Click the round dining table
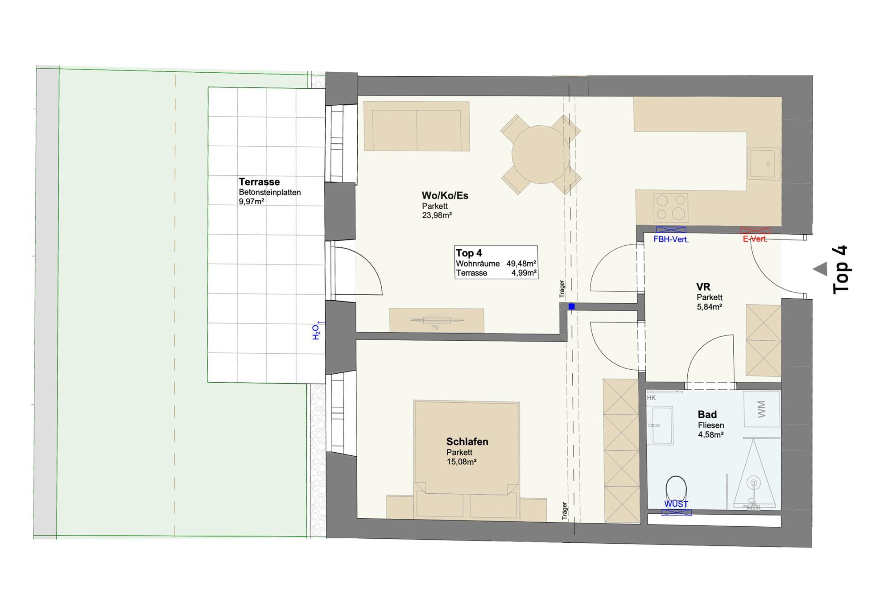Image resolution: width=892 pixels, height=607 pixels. tap(541, 154)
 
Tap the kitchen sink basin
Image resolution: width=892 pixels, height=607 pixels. tap(764, 164)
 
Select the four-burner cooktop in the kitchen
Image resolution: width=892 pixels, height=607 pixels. tap(670, 207)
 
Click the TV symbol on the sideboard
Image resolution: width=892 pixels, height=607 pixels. tap(437, 320)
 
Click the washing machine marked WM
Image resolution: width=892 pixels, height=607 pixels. tap(762, 409)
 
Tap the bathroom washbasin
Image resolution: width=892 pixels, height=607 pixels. tap(660, 425)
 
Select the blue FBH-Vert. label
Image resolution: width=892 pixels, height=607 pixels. tap(671, 239)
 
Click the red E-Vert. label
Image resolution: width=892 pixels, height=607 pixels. tap(755, 239)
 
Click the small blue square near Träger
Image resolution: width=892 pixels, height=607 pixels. tap(571, 306)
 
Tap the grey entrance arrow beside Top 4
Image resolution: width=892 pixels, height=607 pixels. tap(820, 269)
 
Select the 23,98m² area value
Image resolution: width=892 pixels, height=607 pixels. tap(437, 215)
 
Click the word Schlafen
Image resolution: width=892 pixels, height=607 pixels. tap(467, 442)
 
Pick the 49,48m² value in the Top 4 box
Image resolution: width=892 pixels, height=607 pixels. tap(521, 264)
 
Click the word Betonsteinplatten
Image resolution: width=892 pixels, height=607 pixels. tap(270, 193)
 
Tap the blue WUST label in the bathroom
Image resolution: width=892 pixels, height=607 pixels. tap(676, 504)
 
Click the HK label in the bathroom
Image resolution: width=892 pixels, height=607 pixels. tap(651, 398)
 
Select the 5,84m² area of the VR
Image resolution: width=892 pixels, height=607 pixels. tap(709, 307)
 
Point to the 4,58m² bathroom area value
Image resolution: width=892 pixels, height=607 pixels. tap(710, 434)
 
